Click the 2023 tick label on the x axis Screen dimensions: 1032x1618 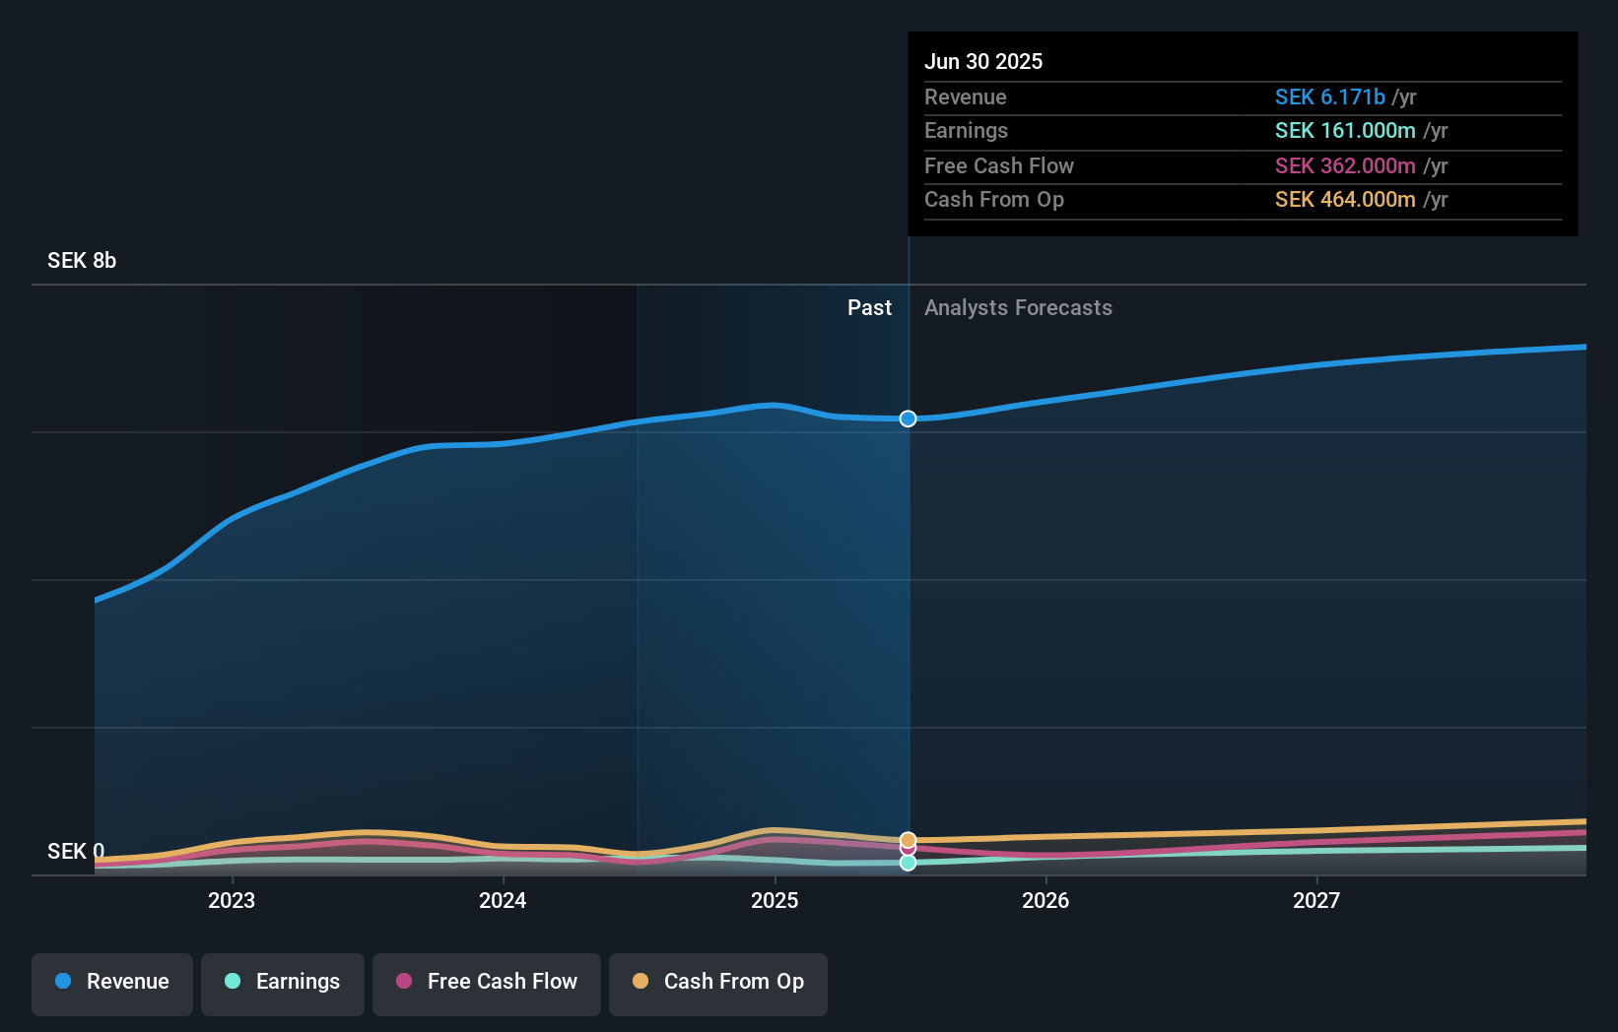point(232,900)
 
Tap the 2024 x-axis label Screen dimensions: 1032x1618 point(503,900)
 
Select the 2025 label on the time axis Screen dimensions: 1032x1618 point(775,900)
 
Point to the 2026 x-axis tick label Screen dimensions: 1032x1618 point(1045,900)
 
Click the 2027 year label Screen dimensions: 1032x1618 point(1316,900)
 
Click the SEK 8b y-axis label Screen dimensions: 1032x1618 point(82,261)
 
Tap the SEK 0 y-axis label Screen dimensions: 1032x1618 point(75,851)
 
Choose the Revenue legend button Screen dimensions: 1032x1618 point(112,982)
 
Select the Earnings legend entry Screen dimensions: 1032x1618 point(283,982)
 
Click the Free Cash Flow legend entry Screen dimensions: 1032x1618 point(487,982)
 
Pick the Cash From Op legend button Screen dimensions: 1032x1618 point(718,982)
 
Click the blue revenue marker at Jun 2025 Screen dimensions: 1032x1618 point(908,419)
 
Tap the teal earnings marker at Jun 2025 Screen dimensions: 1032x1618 point(908,863)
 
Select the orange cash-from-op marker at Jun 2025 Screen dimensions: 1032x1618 point(908,840)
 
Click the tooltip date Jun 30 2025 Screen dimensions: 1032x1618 point(983,61)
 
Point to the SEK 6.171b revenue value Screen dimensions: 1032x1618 point(1330,97)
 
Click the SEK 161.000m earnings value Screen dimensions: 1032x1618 point(1345,131)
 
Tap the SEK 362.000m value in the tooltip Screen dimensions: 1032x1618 point(1345,165)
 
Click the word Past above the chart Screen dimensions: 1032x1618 point(869,308)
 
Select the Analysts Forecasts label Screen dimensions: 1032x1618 point(1018,308)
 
